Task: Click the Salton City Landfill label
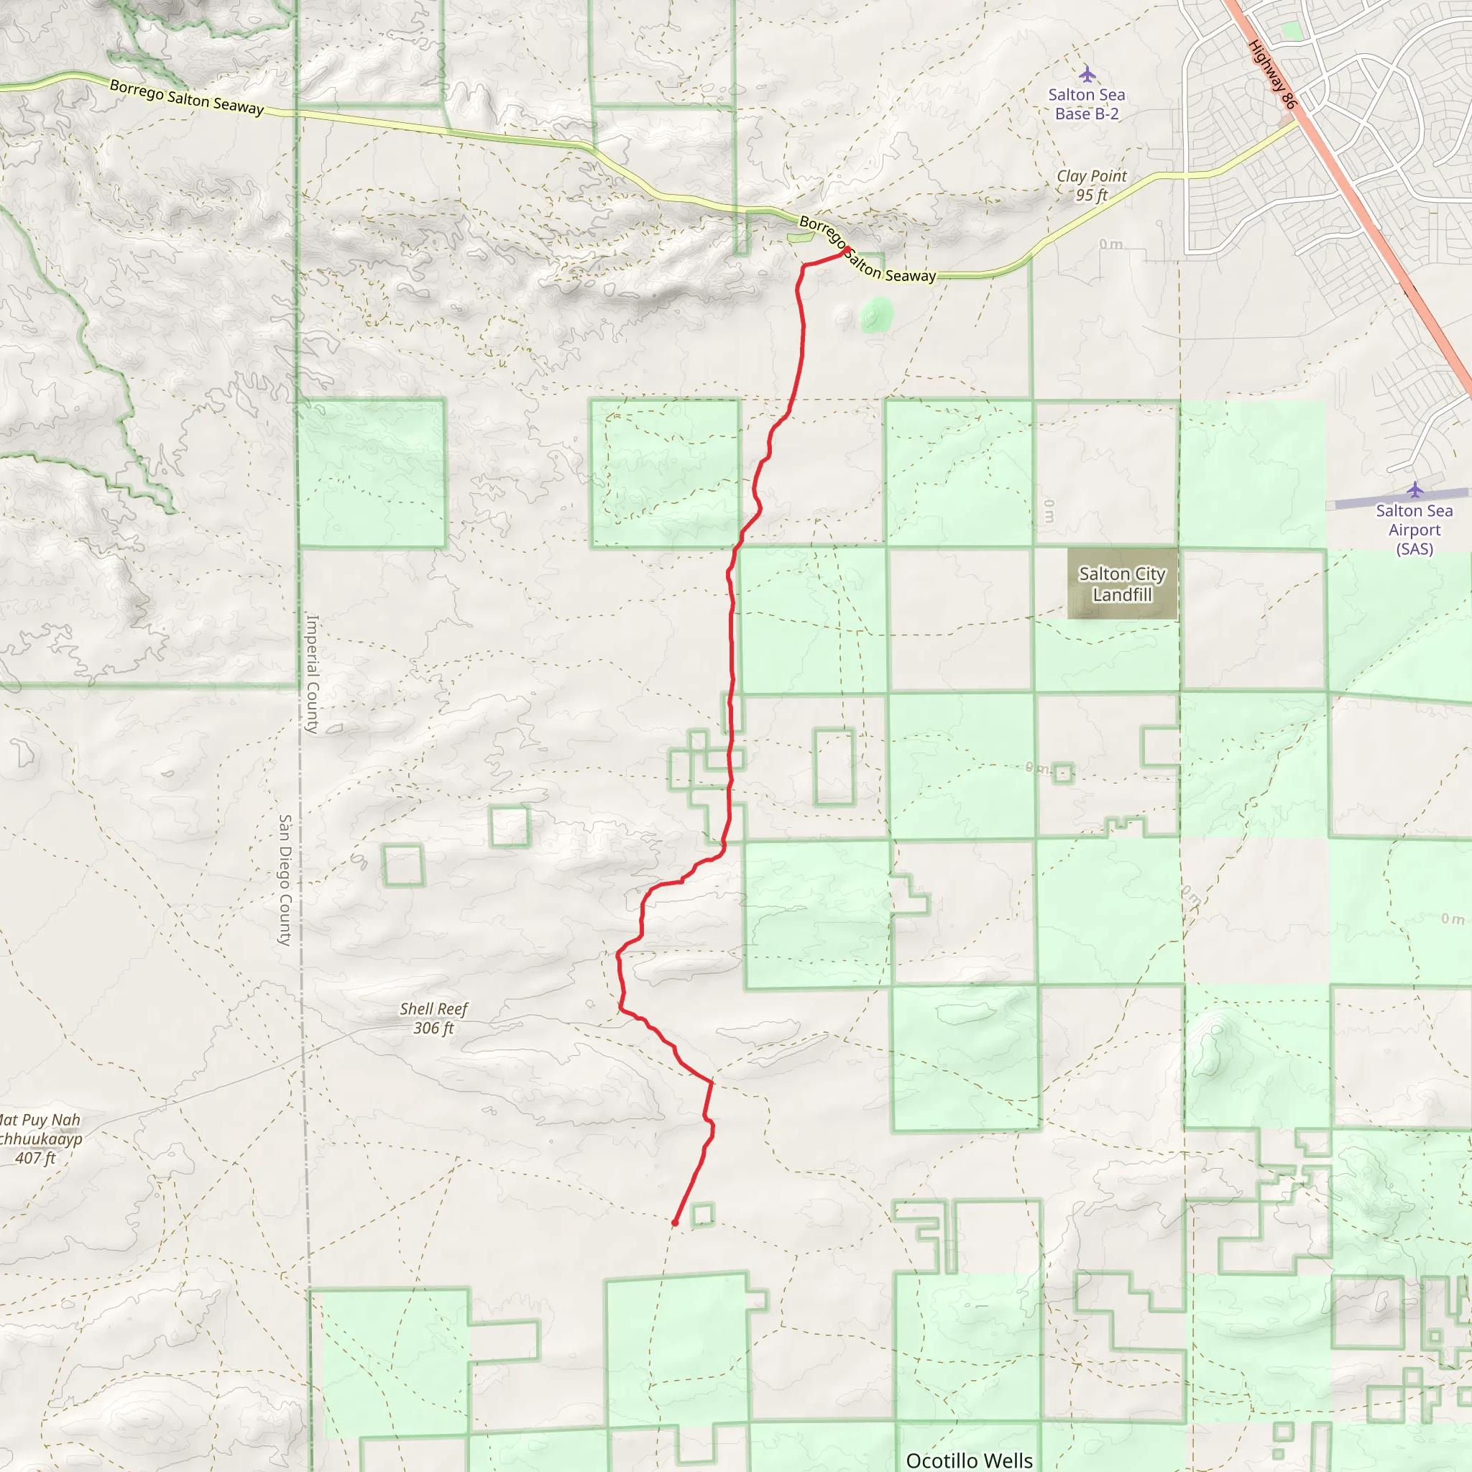point(1121,584)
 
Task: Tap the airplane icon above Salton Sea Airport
point(1414,489)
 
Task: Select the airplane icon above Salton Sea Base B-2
point(1087,74)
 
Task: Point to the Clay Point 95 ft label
point(1091,185)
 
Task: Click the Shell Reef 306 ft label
point(433,1018)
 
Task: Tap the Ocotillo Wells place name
point(969,1460)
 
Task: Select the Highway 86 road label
point(1272,74)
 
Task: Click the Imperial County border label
point(313,674)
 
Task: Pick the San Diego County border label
point(285,880)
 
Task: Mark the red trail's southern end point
point(675,1222)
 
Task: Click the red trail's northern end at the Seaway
point(847,250)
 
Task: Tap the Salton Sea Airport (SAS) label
point(1414,530)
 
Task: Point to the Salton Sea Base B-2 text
point(1087,104)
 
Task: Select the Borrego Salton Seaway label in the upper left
point(187,98)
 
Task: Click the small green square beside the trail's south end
point(702,1215)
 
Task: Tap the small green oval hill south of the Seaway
point(876,315)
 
